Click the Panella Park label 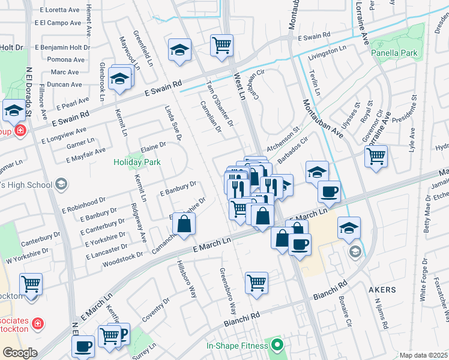394,53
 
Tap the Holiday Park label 137,162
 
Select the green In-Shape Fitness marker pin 277,345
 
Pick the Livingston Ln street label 328,53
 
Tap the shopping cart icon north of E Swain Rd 221,44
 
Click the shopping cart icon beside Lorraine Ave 376,156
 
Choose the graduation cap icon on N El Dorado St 14,110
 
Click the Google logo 20,353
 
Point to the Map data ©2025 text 423,355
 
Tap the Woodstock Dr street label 123,255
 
